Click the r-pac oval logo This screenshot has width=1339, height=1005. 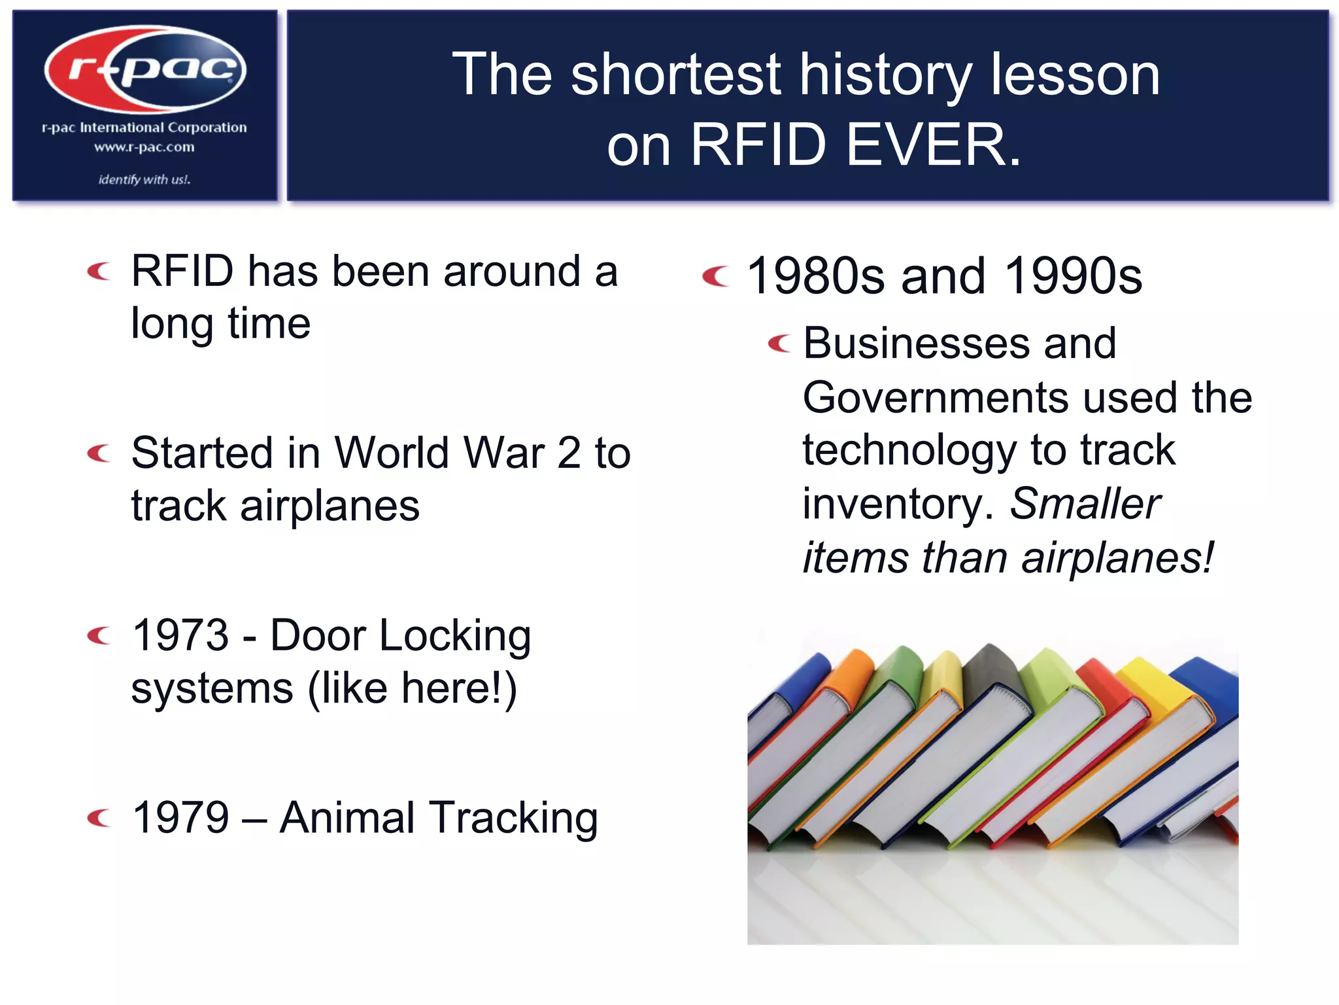click(x=145, y=69)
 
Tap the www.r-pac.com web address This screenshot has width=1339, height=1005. click(x=144, y=147)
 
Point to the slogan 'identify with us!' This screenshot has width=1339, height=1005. click(x=144, y=179)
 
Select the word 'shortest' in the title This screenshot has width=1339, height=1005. click(x=675, y=75)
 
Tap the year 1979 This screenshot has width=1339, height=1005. click(x=180, y=817)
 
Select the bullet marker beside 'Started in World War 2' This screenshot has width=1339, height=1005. click(x=99, y=453)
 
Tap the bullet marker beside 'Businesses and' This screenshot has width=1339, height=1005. click(x=779, y=343)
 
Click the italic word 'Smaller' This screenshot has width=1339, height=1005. click(x=1085, y=504)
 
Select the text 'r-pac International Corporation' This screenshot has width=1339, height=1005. click(x=144, y=128)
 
